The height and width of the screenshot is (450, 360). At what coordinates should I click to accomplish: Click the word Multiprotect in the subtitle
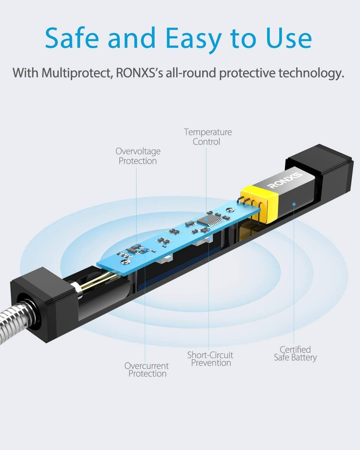[x=76, y=73]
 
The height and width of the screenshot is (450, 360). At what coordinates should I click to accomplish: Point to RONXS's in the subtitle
[x=139, y=73]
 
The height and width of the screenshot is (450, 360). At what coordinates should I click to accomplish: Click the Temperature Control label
[x=208, y=137]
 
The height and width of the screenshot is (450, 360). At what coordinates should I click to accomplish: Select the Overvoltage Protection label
[x=138, y=156]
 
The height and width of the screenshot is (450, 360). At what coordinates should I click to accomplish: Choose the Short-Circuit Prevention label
[x=210, y=359]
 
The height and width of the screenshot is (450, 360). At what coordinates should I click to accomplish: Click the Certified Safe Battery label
[x=295, y=354]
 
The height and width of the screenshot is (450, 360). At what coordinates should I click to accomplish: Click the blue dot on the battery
[x=294, y=204]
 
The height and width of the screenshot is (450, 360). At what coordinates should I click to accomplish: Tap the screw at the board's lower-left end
[x=125, y=261]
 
